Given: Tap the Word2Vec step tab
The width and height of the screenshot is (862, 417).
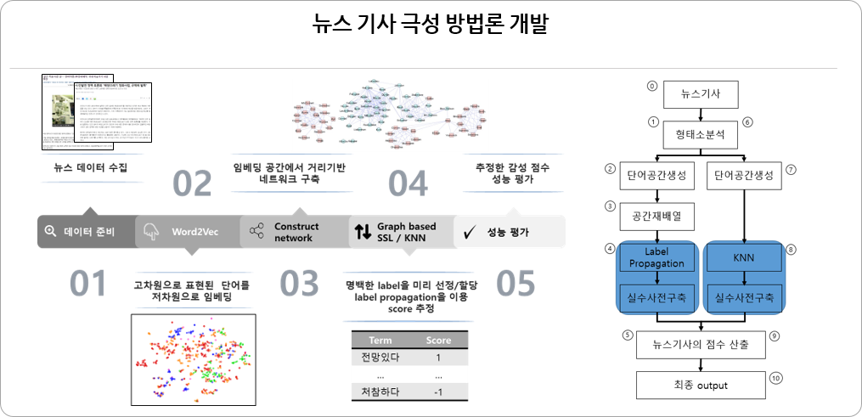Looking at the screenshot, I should click(185, 231).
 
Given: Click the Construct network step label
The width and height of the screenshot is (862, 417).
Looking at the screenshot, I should click(296, 232).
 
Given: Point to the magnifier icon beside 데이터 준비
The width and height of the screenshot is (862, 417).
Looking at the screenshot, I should click(50, 231).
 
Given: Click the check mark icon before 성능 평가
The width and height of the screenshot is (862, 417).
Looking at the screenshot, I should click(467, 231).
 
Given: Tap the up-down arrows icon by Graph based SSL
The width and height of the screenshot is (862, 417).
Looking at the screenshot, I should click(363, 232).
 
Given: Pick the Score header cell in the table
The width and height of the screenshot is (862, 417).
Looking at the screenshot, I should click(438, 340).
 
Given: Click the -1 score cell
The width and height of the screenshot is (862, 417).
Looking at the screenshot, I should click(438, 392).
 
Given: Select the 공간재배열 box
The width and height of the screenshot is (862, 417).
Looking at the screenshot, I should click(656, 217).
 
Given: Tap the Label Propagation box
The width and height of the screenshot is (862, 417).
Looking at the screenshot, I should click(656, 258).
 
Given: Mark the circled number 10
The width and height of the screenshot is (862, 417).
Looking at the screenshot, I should click(775, 377).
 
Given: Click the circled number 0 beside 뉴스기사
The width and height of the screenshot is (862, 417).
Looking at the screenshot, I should click(652, 86).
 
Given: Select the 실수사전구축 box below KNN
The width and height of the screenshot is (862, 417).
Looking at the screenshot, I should click(743, 298).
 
